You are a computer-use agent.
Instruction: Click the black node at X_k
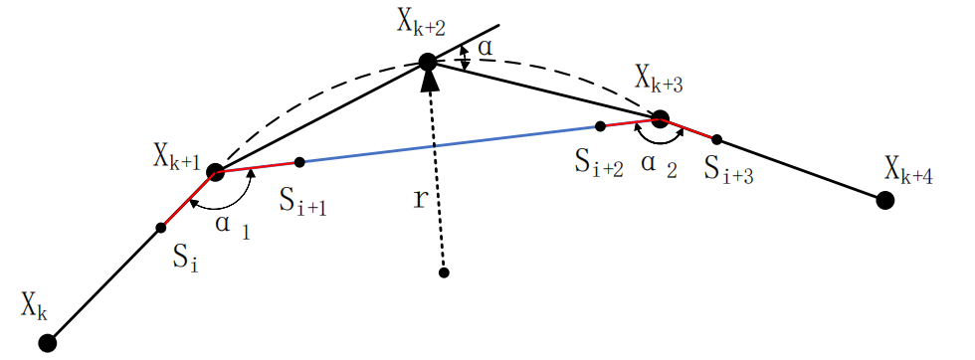coord(47,343)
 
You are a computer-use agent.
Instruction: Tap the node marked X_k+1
coord(215,172)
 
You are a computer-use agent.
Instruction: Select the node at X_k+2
coord(428,63)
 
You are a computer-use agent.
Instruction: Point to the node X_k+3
coord(659,118)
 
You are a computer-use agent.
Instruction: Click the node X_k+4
coord(883,201)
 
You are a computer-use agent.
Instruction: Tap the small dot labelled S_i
coord(161,228)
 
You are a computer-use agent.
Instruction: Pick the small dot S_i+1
coord(299,161)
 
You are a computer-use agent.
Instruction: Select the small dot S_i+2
coord(600,126)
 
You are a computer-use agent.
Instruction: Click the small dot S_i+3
coord(716,139)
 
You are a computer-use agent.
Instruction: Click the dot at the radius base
coord(444,272)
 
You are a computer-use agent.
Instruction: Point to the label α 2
coord(659,169)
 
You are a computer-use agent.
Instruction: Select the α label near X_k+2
coord(485,47)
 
